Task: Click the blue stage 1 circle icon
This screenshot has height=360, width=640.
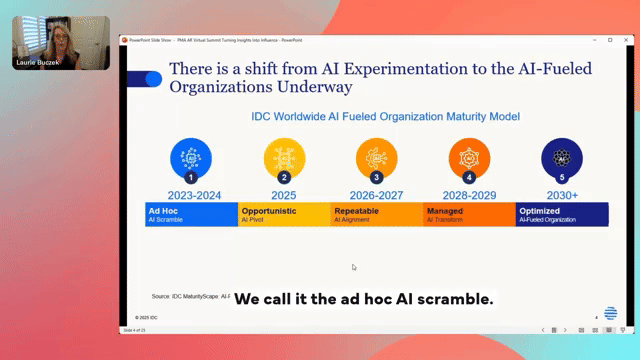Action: (191, 157)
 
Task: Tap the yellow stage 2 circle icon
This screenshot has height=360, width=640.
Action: (284, 157)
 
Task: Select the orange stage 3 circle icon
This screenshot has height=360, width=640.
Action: (377, 157)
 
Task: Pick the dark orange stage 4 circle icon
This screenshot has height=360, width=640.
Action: (469, 157)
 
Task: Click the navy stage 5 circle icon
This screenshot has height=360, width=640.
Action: (561, 157)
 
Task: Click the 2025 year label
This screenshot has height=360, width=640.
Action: (284, 194)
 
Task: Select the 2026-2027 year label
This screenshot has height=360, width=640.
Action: (377, 194)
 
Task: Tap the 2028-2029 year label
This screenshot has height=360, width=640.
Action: (469, 194)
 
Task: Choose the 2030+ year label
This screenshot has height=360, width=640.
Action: (561, 194)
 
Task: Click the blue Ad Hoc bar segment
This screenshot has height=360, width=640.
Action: (191, 214)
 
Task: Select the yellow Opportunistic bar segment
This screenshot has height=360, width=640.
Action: (284, 214)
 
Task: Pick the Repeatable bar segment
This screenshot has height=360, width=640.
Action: (377, 214)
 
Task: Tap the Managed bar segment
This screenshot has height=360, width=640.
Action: (469, 214)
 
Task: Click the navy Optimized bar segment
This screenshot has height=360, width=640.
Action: (561, 214)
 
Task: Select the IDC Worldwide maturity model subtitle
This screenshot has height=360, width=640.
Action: (385, 116)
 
